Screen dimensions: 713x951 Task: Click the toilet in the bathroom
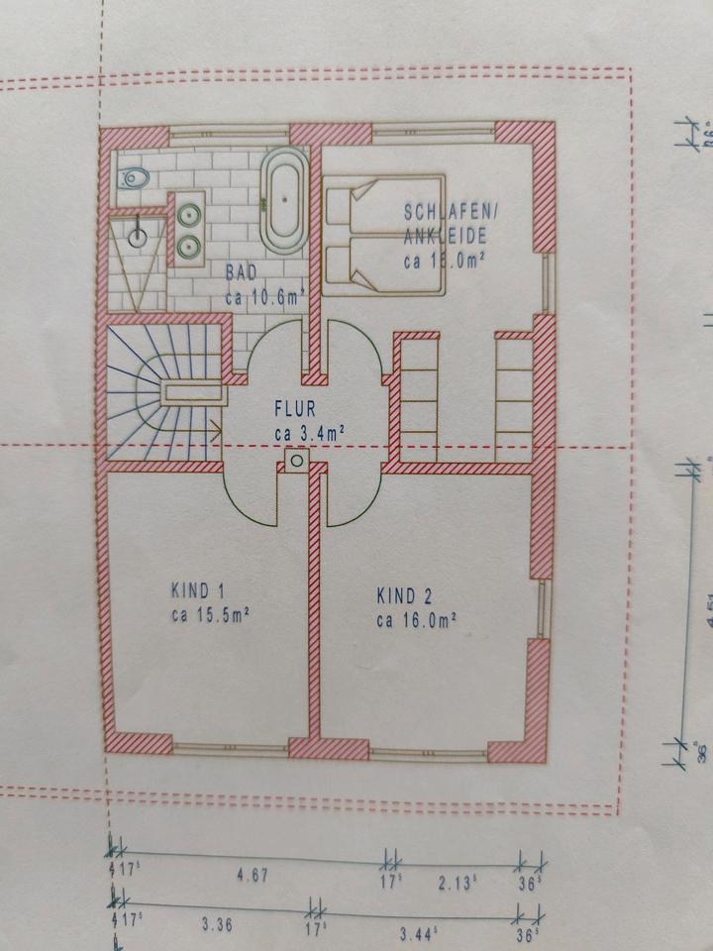(133, 178)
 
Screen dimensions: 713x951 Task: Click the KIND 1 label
(196, 590)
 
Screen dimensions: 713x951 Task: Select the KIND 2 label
(404, 596)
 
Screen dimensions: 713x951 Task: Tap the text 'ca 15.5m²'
(208, 615)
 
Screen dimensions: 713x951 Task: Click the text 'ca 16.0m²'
(416, 621)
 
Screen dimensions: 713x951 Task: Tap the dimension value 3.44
(418, 931)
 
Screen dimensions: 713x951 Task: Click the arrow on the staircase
(214, 428)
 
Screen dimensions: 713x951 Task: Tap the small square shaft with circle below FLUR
(297, 460)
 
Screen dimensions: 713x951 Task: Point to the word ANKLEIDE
(444, 237)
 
